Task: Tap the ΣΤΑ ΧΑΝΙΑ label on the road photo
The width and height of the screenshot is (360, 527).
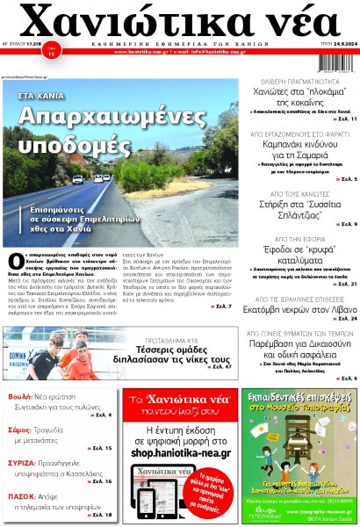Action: coord(40,92)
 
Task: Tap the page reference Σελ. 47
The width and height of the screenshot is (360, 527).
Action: coord(221,363)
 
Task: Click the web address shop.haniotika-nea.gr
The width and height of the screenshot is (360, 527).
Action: coord(180,453)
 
